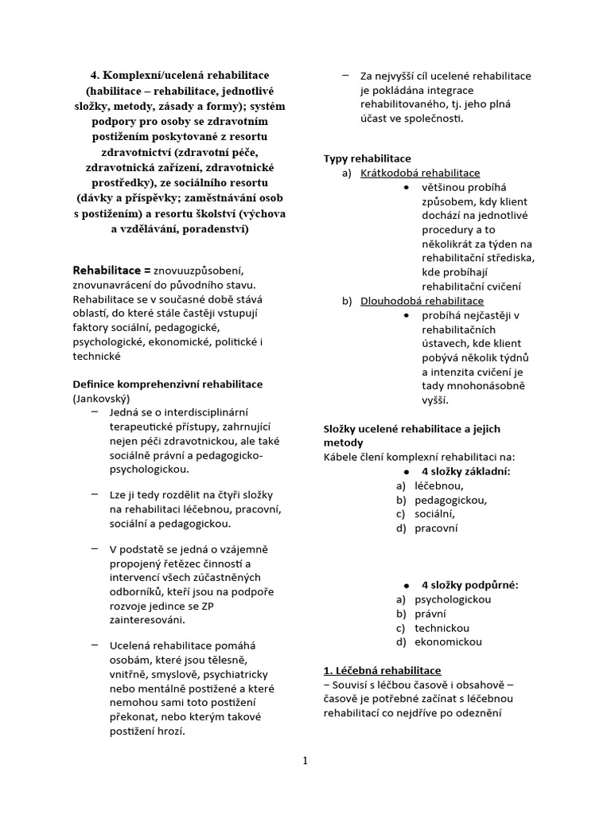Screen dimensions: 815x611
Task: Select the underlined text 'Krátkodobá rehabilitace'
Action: (x=420, y=173)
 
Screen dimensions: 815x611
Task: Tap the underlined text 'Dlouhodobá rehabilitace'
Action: (x=422, y=301)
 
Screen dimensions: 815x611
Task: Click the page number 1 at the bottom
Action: (x=305, y=761)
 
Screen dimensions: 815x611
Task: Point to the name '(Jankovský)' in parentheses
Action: (x=101, y=398)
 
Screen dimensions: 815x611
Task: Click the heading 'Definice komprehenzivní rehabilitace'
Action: (x=168, y=384)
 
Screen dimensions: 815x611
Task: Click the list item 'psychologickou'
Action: (x=453, y=599)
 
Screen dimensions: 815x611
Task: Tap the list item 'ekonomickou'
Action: (x=448, y=641)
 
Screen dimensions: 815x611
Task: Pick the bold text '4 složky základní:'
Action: (x=465, y=471)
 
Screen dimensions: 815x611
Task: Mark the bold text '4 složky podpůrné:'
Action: (x=469, y=585)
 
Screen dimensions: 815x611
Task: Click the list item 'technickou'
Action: (x=442, y=627)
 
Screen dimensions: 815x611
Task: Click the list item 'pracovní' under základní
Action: (x=436, y=528)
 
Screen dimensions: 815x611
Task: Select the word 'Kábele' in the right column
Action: (x=341, y=457)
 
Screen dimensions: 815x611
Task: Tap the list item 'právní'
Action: (x=430, y=614)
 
